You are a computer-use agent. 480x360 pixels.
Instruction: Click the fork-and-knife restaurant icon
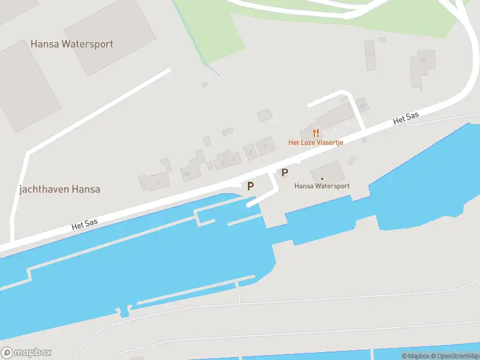pos(316,133)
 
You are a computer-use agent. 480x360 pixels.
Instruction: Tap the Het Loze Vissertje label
pos(316,143)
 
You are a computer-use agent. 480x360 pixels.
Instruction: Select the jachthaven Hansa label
pos(59,189)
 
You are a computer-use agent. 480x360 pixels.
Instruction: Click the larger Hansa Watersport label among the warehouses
pos(72,44)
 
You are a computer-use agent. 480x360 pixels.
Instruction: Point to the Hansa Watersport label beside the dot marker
pos(322,186)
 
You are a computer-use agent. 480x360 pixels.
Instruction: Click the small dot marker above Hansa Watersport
pos(322,178)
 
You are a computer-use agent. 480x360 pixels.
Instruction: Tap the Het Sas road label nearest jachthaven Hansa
pos(84,225)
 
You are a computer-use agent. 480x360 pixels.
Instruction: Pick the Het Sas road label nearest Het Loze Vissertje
pos(405,118)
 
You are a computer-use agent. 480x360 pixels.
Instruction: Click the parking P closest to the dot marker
pos(285,173)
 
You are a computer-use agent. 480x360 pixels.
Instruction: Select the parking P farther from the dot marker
pos(250,186)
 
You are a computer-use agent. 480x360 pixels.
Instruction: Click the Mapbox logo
pos(26,353)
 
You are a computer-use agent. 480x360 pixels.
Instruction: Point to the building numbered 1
pos(158,181)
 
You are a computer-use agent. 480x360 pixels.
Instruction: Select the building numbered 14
pos(188,173)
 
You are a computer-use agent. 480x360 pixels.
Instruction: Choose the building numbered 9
pos(264,146)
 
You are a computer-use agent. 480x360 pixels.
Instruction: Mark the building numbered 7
pos(250,152)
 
